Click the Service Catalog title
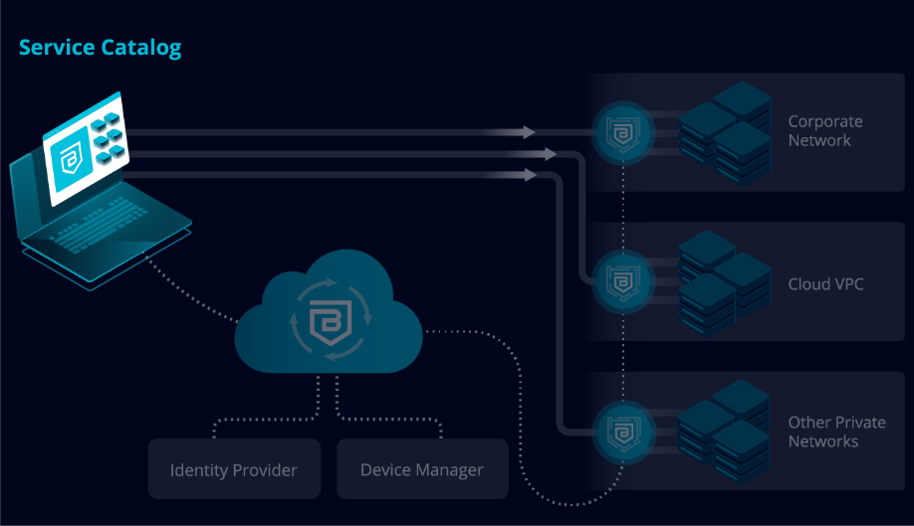100,48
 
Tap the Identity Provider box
234,469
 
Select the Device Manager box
422,469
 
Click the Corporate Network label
824,131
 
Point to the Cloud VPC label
825,284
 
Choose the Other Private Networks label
836,432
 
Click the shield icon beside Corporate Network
623,133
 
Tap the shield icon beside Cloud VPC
623,282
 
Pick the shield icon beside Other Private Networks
623,433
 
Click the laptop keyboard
100,223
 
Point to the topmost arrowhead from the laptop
529,132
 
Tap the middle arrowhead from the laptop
551,153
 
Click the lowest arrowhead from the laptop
530,175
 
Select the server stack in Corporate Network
725,133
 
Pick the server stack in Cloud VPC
725,283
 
